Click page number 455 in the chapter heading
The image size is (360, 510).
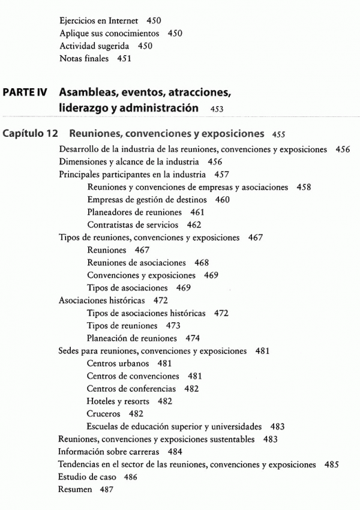(x=278, y=134)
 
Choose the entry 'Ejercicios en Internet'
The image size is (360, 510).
(x=98, y=21)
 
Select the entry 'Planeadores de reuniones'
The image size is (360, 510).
(x=134, y=212)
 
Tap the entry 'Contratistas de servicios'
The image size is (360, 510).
(x=133, y=225)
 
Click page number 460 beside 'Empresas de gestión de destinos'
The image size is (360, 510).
(x=222, y=200)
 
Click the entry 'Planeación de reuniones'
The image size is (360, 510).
(x=132, y=338)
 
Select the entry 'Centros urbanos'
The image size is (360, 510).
(x=118, y=364)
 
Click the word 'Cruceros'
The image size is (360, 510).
(x=103, y=414)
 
